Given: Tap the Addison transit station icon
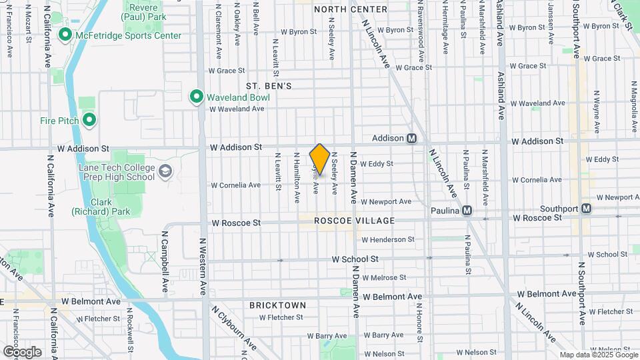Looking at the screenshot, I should pos(412,138).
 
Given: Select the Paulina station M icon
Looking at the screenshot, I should pos(467,210).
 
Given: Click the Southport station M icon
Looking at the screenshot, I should pos(586,209).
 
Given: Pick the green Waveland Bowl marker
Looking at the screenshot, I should pos(197,97).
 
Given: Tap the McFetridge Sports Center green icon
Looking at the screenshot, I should pos(65,35).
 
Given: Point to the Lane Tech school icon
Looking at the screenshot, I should pos(165,173).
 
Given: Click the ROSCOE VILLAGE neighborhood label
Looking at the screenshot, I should pos(354,221).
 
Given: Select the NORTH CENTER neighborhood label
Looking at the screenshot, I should pos(350,9).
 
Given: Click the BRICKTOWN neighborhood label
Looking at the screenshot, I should pos(278,305).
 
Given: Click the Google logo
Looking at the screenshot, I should pos(22,352).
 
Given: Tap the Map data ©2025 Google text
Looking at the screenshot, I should pos(598,355).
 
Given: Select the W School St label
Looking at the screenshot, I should pos(355,259).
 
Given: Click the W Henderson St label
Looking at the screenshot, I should pos(387,239).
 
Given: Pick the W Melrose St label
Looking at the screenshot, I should pos(383,277).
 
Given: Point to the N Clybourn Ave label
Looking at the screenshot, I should pos(235,329).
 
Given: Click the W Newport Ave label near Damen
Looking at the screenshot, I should pos(386,201).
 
